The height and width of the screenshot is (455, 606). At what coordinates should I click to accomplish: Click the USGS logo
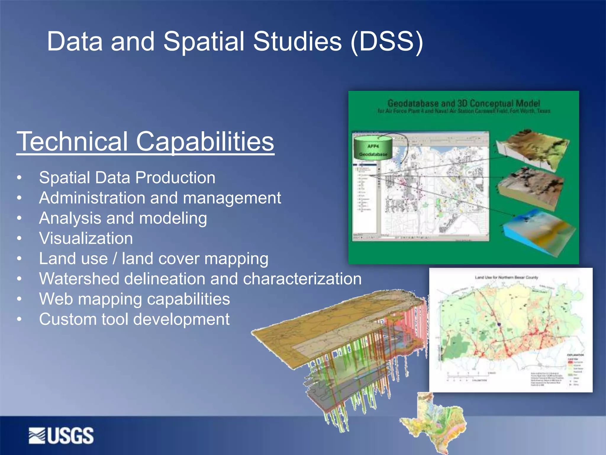61,435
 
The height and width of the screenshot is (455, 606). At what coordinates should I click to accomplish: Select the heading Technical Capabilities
145,142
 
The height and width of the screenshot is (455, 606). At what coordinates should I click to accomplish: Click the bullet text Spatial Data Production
127,178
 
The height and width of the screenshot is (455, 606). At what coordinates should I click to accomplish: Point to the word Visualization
86,238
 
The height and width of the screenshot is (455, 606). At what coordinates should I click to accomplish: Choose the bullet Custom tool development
134,319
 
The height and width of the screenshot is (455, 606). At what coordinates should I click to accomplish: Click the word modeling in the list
173,218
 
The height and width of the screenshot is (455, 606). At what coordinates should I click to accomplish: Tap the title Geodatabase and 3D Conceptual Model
464,103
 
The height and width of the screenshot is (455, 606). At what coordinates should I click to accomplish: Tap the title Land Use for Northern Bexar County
506,278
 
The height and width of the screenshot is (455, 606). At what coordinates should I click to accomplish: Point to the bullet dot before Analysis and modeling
19,218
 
